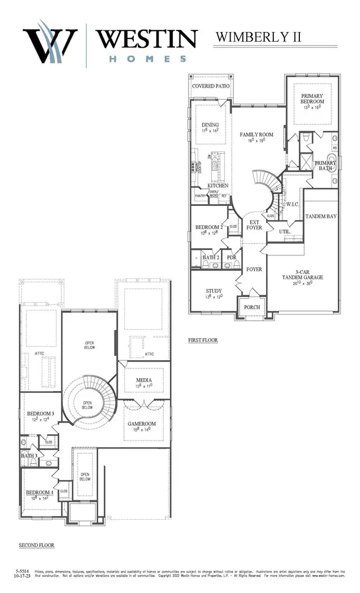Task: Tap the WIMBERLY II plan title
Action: point(259,37)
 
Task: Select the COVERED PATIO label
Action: point(211,86)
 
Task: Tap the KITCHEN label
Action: point(218,185)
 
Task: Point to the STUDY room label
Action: point(214,290)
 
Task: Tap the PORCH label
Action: point(251,307)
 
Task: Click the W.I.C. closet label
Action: point(292,204)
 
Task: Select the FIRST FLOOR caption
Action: point(202,340)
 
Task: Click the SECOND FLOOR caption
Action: point(37,545)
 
